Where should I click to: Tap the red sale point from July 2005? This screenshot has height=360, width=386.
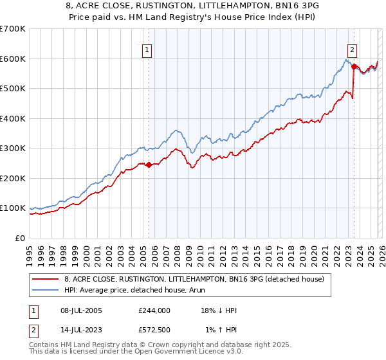click(x=149, y=165)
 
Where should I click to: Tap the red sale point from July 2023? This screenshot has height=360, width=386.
click(x=354, y=66)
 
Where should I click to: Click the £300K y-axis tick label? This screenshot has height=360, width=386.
click(x=12, y=148)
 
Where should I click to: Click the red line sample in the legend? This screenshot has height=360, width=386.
click(x=46, y=278)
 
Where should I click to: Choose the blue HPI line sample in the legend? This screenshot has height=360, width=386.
click(x=46, y=291)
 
